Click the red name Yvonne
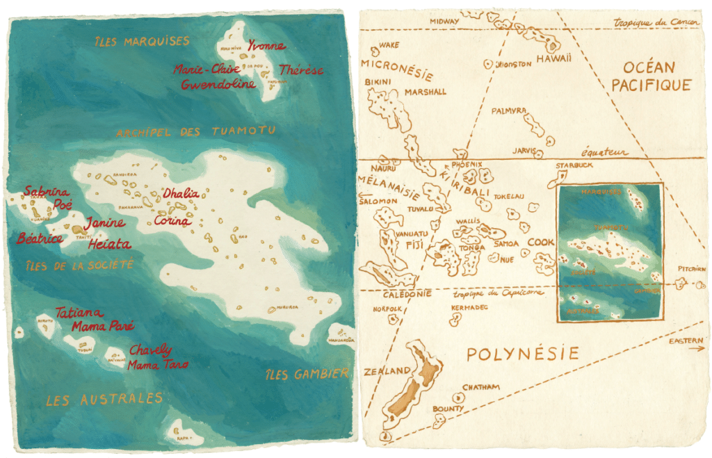tap(266, 46)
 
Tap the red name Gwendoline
tap(218, 85)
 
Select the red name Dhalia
tap(181, 193)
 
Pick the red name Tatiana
tap(79, 312)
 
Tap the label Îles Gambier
tap(307, 375)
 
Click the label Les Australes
tap(104, 399)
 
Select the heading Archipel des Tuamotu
tap(196, 131)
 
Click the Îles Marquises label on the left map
tap(143, 42)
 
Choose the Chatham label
tap(480, 387)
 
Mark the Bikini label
tap(380, 82)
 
